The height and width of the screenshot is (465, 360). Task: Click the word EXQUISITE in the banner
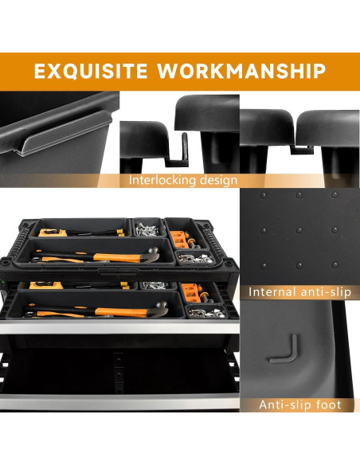[88, 71]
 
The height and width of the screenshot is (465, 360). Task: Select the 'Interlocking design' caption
[182, 180]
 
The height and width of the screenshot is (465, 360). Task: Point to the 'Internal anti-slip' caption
[299, 292]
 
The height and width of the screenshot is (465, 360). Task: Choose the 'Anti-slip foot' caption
[299, 405]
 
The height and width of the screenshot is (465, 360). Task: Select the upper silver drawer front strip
[119, 329]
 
